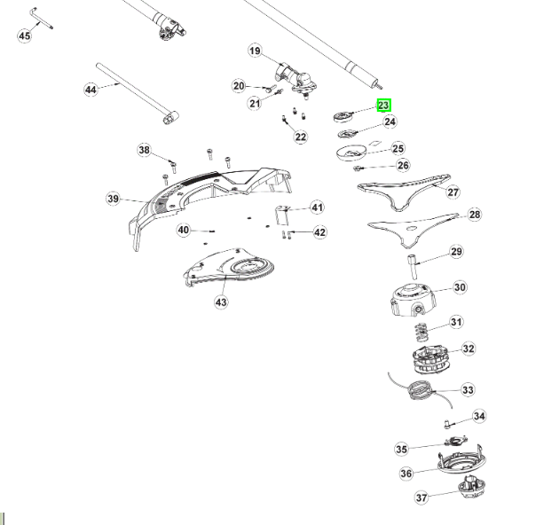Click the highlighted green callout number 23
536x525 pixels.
(x=383, y=105)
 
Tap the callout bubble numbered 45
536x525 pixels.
(x=24, y=35)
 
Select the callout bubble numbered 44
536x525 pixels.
(x=91, y=89)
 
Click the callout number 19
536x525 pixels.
(x=255, y=51)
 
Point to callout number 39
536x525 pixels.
(x=113, y=199)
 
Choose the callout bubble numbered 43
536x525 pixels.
(x=221, y=302)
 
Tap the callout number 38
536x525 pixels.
(x=145, y=150)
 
